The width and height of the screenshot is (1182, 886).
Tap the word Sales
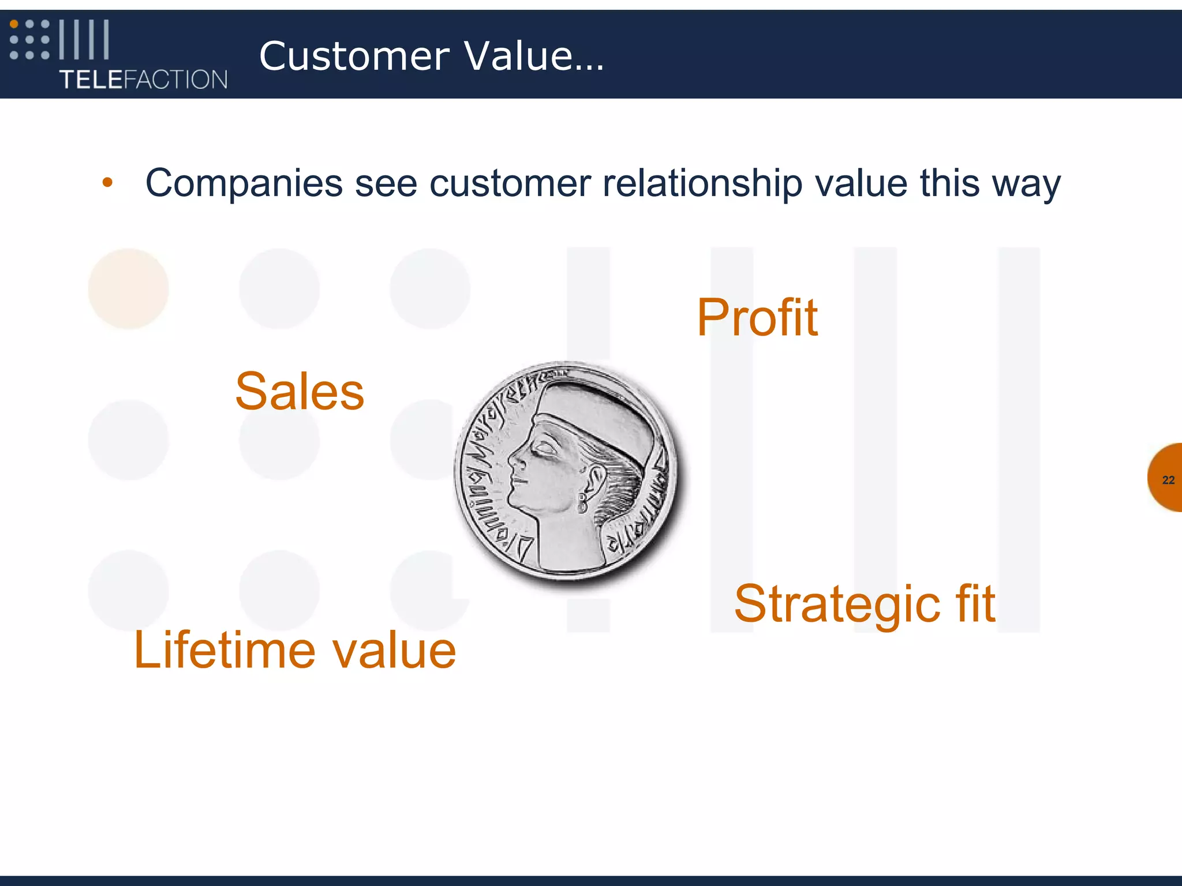300,392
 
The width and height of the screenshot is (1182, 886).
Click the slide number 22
1168,480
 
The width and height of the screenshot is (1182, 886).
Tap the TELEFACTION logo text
143,80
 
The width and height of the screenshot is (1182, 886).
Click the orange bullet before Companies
107,183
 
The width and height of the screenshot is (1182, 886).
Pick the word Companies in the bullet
244,183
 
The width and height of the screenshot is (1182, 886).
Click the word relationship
702,183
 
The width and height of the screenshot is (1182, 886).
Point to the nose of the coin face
513,461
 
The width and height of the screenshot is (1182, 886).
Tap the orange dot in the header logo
14,24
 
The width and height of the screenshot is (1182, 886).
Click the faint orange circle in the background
128,288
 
